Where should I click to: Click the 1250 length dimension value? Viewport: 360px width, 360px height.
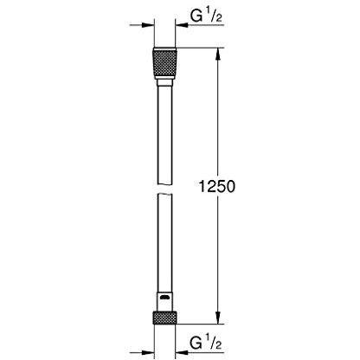pos(217,186)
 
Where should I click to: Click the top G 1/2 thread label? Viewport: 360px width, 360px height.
pos(206,16)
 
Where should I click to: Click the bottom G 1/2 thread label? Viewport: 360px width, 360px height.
pos(206,343)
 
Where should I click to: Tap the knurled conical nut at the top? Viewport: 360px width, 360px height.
pos(164,63)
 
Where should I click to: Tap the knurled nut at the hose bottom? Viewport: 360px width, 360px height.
pos(164,318)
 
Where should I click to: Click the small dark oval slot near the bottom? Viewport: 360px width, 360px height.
pos(164,298)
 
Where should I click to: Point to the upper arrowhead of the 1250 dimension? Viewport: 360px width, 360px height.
pos(218,54)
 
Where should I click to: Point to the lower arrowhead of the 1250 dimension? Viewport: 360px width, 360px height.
pos(218,318)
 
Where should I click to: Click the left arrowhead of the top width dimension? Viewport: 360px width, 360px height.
pos(149,25)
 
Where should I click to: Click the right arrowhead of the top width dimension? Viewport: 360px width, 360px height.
pos(181,25)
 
